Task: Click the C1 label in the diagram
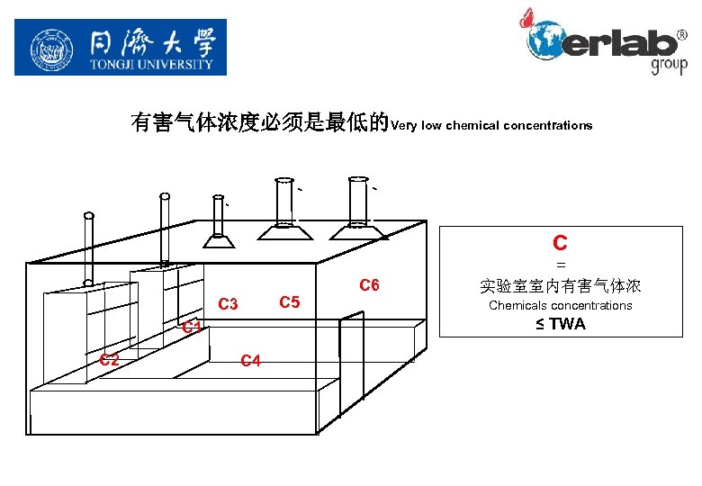click(x=191, y=327)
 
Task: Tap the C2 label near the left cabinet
click(x=110, y=359)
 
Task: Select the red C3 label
click(x=228, y=304)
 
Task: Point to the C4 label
click(x=250, y=361)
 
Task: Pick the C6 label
click(x=369, y=285)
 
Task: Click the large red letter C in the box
click(x=560, y=242)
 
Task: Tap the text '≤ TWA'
click(x=560, y=324)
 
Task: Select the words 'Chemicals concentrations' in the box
click(x=560, y=306)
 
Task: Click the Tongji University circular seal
click(x=50, y=48)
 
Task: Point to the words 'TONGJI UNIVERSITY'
click(x=151, y=64)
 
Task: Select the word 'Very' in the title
click(x=404, y=125)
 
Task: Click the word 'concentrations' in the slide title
click(x=550, y=125)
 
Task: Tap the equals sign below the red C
click(x=560, y=265)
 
